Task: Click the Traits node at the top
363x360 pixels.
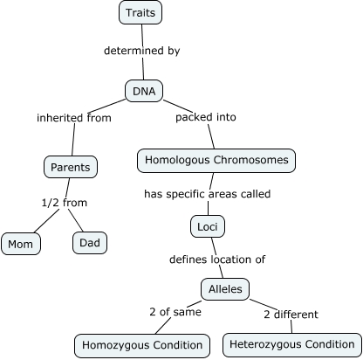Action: point(140,12)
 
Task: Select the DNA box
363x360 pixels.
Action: point(143,90)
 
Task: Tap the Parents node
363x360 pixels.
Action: point(70,165)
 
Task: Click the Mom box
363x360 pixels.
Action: point(21,244)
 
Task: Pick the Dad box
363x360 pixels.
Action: point(90,242)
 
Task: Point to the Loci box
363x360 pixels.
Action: point(208,227)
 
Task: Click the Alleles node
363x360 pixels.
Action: point(225,289)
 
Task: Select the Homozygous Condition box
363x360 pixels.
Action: point(142,345)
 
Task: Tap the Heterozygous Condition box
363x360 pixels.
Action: point(291,344)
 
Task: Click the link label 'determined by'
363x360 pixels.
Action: point(141,51)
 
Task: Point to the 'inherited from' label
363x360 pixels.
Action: point(74,118)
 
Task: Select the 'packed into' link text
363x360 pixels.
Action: point(206,116)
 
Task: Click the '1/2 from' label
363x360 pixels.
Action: point(65,203)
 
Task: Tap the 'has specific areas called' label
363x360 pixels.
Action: point(208,193)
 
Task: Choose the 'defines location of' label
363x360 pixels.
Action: point(217,260)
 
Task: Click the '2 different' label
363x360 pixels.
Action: point(291,315)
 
